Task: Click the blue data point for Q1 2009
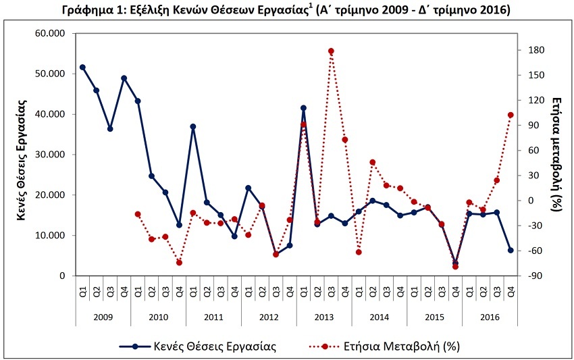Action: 82,67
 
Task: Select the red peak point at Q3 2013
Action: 331,51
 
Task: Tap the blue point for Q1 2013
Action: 303,107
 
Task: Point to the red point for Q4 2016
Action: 511,115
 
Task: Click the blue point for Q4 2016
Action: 511,250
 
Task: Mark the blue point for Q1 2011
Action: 193,126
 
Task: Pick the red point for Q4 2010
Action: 179,263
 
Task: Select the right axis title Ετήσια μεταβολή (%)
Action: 557,154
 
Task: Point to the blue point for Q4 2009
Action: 124,78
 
